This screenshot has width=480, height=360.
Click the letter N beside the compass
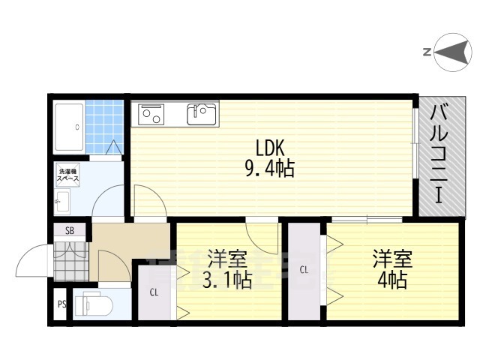[x=427, y=52]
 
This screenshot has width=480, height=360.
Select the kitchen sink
[x=201, y=114]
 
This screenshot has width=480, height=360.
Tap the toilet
[x=96, y=304]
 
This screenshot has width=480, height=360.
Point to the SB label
[x=70, y=231]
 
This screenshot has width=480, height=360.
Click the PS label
[x=61, y=304]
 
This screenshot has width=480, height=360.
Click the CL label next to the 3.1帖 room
[x=153, y=292]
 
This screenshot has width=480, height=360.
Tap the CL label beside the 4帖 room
[x=304, y=269]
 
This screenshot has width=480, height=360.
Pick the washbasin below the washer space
[x=63, y=201]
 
